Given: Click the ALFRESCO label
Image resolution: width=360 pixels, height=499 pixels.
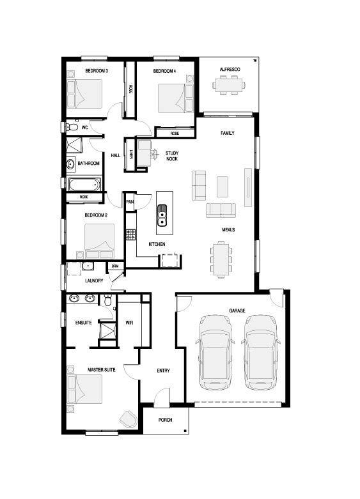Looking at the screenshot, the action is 230,70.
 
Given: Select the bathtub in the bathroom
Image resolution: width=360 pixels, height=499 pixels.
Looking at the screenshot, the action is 85,185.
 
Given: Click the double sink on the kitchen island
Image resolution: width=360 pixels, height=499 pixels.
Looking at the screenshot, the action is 162,215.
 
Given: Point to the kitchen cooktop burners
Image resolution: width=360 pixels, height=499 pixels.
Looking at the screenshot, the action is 130,234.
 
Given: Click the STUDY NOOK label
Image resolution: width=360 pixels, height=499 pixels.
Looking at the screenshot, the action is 172,156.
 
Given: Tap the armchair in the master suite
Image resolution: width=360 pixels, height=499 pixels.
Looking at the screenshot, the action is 129,418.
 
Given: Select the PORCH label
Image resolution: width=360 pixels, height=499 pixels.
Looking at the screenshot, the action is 166,420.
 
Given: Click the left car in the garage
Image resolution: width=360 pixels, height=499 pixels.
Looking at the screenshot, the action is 215,352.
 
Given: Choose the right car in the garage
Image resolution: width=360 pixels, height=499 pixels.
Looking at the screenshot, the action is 261,352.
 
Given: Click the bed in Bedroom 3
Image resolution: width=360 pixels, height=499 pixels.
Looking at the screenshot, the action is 85,94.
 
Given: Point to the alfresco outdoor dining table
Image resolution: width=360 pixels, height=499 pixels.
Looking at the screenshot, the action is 229,85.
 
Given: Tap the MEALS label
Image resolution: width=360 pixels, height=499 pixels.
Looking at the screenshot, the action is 228,229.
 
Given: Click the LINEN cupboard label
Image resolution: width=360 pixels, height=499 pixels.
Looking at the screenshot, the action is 131,155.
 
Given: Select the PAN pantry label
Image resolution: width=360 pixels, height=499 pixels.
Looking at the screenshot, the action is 130,202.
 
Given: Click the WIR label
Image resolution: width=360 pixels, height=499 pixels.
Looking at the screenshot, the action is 129,323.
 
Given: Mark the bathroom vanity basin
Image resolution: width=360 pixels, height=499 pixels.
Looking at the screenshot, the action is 71,164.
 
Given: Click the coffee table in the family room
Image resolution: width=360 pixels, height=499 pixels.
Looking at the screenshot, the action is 223,187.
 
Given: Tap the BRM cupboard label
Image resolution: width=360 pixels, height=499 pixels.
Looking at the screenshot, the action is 114,266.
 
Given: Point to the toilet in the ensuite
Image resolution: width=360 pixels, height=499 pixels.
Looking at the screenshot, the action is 108,300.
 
